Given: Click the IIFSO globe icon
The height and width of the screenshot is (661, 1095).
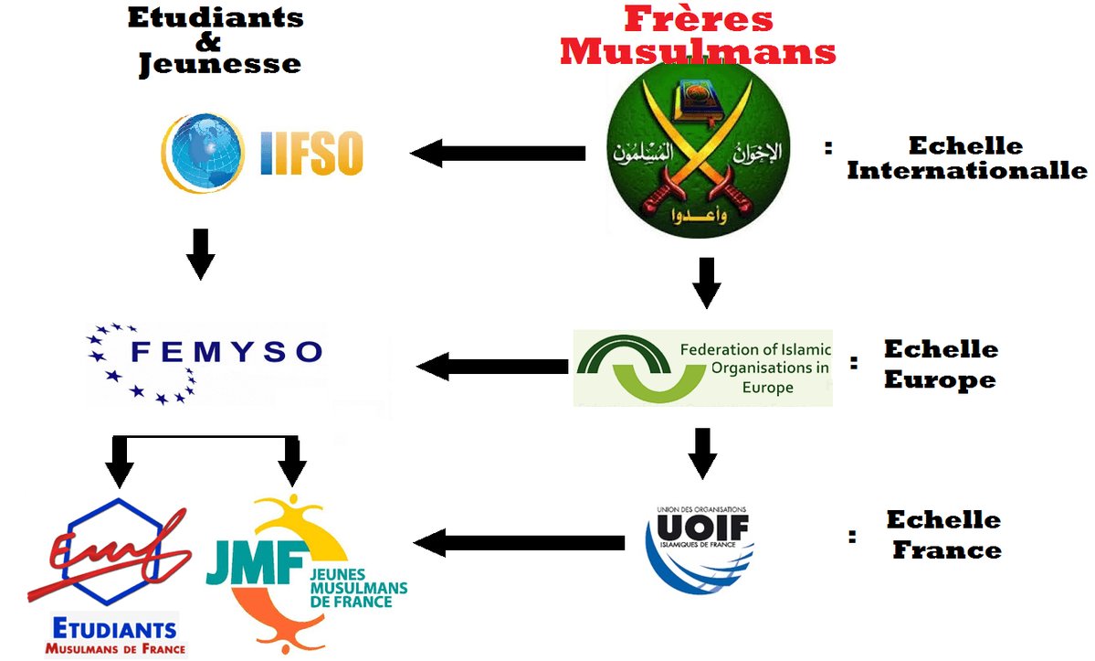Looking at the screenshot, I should [x=204, y=150].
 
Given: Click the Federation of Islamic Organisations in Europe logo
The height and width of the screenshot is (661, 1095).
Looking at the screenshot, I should [x=702, y=368].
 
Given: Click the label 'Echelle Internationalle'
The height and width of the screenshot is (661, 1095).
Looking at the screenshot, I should [x=966, y=158].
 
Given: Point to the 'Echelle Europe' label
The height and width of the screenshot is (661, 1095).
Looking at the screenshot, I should [x=940, y=364].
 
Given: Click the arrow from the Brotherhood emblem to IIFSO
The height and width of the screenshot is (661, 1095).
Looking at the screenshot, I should [x=499, y=153].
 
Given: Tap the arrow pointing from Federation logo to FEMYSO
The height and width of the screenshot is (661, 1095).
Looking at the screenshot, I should [x=493, y=368].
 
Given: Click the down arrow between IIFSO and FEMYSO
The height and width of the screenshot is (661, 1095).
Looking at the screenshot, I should [x=200, y=254].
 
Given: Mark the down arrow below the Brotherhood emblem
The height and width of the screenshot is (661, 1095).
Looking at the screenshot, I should [x=706, y=283].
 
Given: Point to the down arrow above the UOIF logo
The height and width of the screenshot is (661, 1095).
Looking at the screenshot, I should [x=701, y=453].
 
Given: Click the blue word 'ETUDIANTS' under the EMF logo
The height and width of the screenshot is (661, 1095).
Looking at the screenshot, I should [x=115, y=629].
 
